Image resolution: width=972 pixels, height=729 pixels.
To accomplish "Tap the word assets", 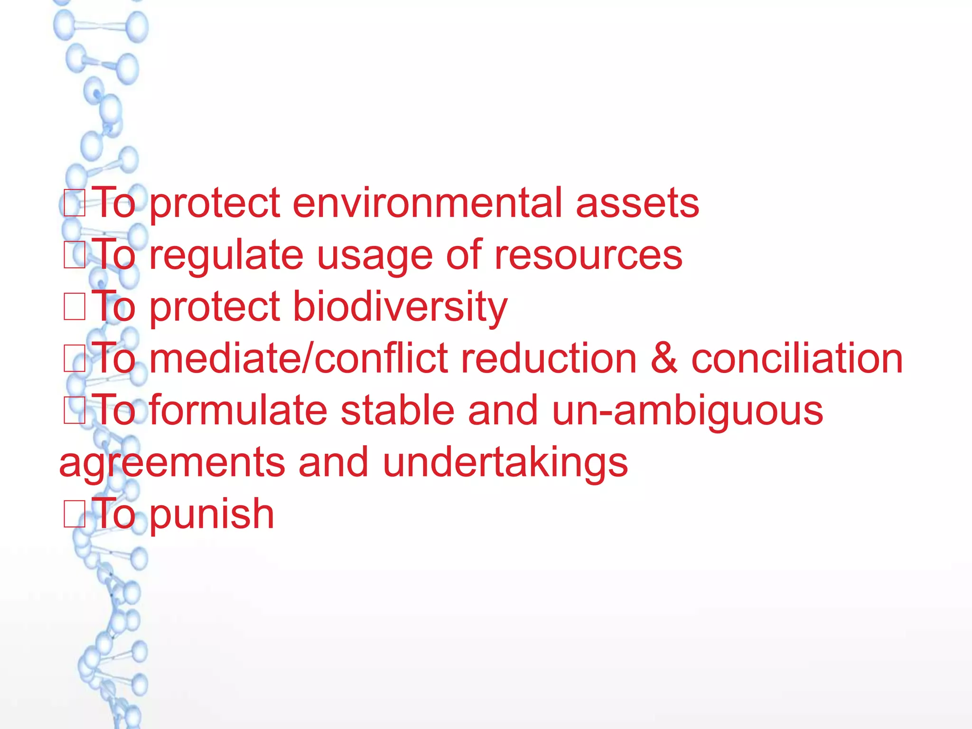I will pos(637,203).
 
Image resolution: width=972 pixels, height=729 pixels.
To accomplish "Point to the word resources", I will pos(588,255).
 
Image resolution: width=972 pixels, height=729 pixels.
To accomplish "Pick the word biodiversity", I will pos(400,308).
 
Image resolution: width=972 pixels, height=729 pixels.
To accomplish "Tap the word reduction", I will pos(549,358).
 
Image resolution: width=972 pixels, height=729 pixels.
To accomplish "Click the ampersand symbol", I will pos(664,358).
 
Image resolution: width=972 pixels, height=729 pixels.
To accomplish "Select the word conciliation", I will pos(797,358).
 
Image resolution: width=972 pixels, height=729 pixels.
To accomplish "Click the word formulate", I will pos(238,410).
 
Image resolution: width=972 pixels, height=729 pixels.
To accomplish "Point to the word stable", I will pos(398,410).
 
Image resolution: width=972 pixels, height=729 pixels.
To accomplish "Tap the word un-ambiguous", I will pos(688,411).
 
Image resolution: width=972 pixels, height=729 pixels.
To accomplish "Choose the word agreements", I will pos(172,462).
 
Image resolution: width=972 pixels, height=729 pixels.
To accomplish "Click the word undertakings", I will pos(505,462).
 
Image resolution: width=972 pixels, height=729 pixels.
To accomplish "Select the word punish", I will pos(212,514).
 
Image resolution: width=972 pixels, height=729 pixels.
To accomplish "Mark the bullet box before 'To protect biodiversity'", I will pos(75,307).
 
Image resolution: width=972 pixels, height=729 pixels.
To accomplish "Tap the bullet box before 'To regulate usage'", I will pos(75,255).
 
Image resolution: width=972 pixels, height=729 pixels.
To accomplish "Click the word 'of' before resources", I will pos(464,255).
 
